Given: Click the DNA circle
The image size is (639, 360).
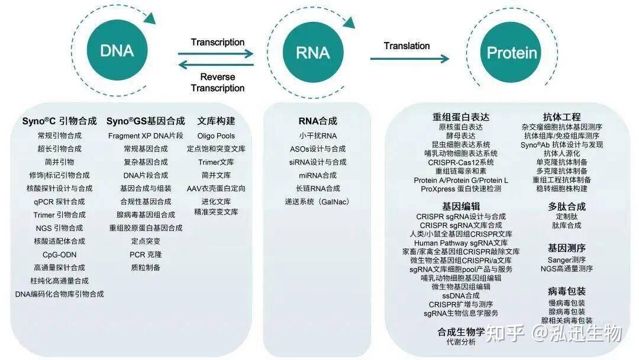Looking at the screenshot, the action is click(x=117, y=51).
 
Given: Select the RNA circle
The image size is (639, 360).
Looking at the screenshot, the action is click(x=312, y=52).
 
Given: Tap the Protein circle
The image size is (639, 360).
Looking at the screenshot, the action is click(x=512, y=53).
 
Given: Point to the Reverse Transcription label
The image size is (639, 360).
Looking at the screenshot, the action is click(x=218, y=82).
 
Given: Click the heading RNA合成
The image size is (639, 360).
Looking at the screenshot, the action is click(x=318, y=121).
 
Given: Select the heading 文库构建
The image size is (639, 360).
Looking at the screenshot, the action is click(x=216, y=121).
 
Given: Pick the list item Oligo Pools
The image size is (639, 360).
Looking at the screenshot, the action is click(x=216, y=136).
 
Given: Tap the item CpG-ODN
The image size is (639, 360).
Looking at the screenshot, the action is click(x=59, y=255).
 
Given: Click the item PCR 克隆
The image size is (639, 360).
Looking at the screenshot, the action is click(x=146, y=255).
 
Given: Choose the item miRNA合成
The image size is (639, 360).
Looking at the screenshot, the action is click(x=318, y=175).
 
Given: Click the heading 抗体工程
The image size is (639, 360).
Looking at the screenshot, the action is click(x=561, y=117).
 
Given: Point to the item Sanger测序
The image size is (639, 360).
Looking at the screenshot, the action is click(x=566, y=259).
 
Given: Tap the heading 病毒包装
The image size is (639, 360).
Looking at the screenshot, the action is click(x=566, y=291).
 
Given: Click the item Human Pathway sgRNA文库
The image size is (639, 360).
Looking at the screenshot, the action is click(x=461, y=243).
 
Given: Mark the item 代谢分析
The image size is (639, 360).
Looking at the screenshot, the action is click(x=461, y=342).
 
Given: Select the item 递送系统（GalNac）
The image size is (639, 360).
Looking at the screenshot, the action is click(x=318, y=202).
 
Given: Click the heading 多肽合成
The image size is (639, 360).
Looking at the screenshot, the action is click(x=566, y=207).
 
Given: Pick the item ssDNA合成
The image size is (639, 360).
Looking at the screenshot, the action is click(x=461, y=295).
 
